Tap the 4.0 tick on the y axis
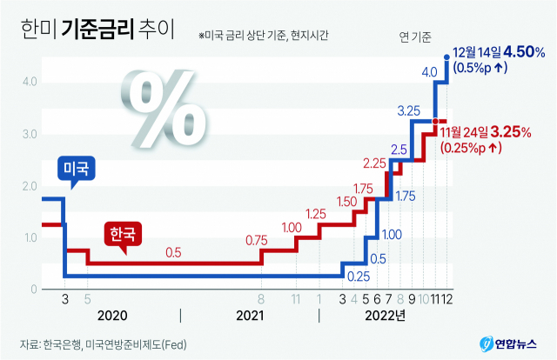pos(29,83)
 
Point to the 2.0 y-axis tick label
pos(29,186)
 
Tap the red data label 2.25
pos(375,163)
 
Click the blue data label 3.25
pos(409,110)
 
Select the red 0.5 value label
pos(173,253)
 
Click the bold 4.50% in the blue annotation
pos(522,52)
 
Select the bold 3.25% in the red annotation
pos(511,132)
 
